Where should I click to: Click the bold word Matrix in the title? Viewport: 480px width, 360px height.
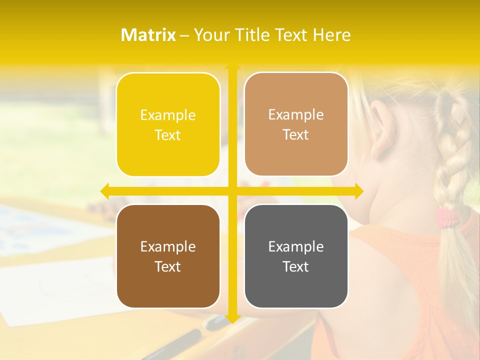tap(148, 35)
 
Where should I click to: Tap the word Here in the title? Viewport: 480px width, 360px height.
tap(331, 35)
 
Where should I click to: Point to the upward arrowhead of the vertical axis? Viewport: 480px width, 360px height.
tap(232, 65)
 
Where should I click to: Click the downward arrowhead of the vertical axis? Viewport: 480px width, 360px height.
tap(232, 318)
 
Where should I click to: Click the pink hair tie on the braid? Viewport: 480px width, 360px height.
tap(446, 217)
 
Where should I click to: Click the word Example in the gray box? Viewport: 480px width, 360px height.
tap(296, 246)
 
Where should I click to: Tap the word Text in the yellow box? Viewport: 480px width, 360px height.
tap(168, 135)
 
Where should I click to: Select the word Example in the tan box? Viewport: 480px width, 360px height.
tap(296, 115)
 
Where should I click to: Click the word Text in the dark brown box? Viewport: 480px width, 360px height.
tap(168, 266)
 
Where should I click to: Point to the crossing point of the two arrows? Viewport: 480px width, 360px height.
tap(232, 191)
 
